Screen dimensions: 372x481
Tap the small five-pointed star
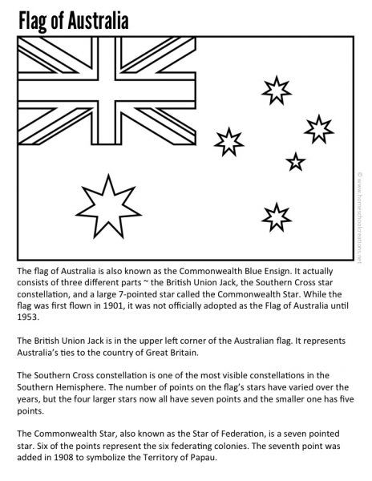point(296,161)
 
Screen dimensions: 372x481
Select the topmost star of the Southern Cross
point(277,90)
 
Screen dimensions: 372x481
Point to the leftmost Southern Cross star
point(229,141)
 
